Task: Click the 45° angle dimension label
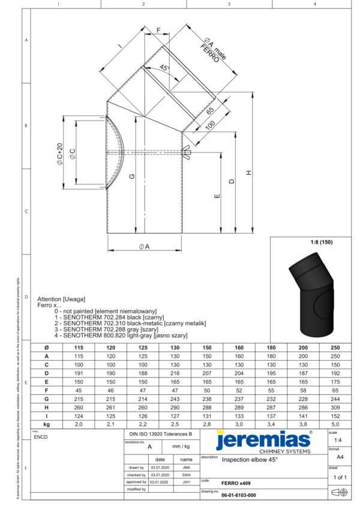(x=164, y=68)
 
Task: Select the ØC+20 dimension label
(x=60, y=154)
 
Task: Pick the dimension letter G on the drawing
(x=131, y=176)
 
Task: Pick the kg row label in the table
(x=46, y=424)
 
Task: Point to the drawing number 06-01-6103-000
(x=239, y=495)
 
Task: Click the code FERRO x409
(x=236, y=482)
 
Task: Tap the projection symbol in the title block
(x=339, y=493)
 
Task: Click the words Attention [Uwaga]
(x=61, y=299)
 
